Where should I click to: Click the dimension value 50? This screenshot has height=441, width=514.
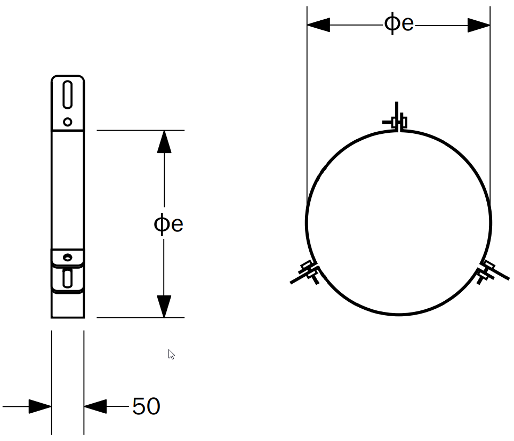click(146, 406)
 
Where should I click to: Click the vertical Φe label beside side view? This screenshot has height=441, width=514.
click(168, 224)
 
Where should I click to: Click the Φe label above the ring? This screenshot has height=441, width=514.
click(399, 24)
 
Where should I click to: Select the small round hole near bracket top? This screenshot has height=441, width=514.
click(68, 122)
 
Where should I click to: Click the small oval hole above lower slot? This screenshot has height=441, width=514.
click(67, 257)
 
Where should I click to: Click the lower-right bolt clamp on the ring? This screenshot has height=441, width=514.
click(486, 272)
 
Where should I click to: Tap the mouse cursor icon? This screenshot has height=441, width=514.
click(171, 354)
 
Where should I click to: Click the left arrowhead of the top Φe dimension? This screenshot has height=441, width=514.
click(319, 25)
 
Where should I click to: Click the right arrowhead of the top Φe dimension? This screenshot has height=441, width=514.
click(478, 25)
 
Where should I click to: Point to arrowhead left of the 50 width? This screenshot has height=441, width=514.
click(40, 407)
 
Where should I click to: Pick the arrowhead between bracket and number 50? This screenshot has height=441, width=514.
click(95, 407)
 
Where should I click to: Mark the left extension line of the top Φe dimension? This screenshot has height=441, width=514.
click(307, 107)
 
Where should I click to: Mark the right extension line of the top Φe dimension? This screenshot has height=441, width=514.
click(490, 107)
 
